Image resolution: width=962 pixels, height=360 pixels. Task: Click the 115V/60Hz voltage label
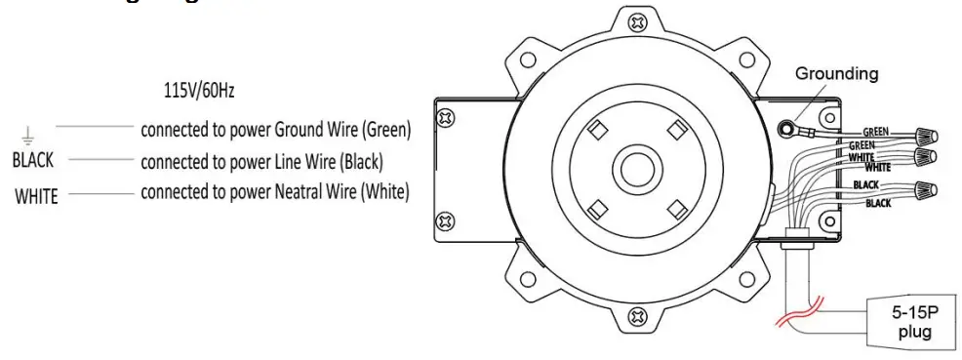(198, 91)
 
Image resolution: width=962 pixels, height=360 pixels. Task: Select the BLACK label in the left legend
(33, 159)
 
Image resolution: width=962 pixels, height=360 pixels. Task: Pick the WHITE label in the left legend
(36, 195)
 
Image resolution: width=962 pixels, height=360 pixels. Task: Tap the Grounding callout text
(836, 73)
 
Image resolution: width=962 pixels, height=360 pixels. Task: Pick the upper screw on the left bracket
(446, 118)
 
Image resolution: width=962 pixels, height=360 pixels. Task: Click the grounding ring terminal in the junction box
(785, 127)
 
